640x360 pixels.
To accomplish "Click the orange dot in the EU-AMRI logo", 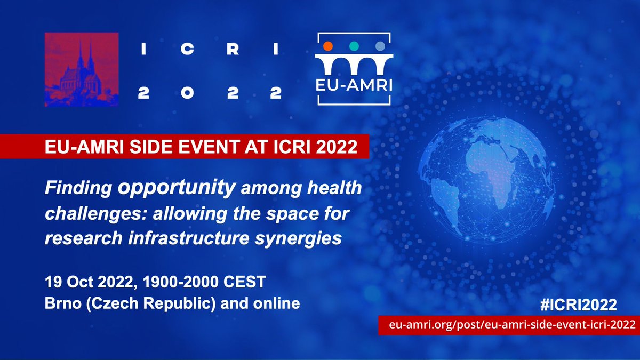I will tap(329, 46).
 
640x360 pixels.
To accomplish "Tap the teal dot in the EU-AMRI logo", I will tap(354, 46).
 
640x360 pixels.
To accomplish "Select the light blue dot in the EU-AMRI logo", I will tap(379, 46).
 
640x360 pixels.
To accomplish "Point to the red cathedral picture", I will tap(82, 69).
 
